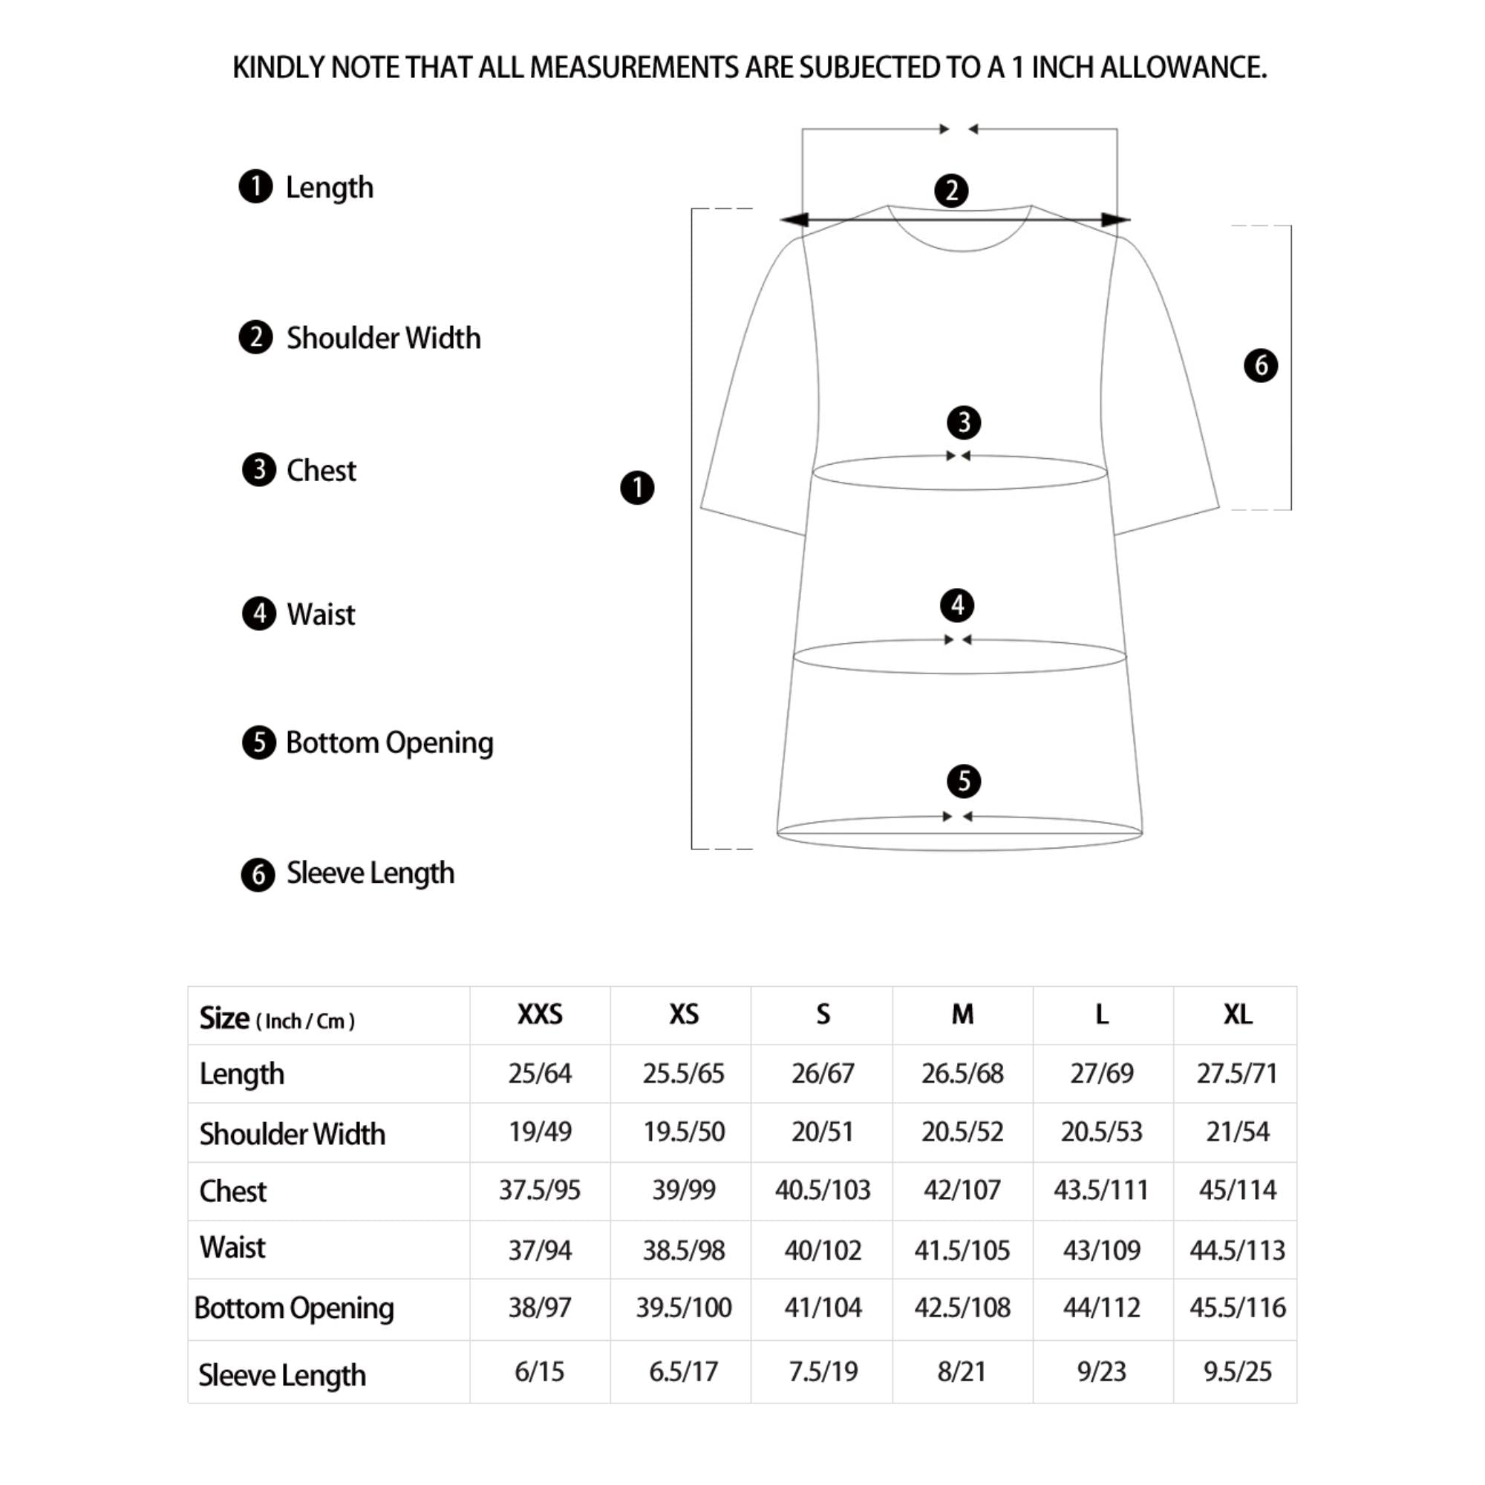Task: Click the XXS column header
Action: [540, 1014]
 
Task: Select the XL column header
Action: [1238, 1014]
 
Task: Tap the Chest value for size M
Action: [962, 1189]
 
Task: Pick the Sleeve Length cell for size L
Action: [1100, 1371]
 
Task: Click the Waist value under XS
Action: [683, 1250]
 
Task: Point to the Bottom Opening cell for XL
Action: [1238, 1308]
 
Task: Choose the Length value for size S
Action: [823, 1073]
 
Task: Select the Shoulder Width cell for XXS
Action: [540, 1132]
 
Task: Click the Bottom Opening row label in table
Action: [293, 1308]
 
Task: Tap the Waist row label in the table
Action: [232, 1247]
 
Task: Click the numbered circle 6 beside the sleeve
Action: [1261, 365]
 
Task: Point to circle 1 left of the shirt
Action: [637, 488]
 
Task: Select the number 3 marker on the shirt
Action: [964, 422]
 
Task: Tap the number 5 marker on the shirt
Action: [964, 781]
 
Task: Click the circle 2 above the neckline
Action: [952, 191]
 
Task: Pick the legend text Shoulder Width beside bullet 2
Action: [384, 338]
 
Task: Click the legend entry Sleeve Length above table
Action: [371, 873]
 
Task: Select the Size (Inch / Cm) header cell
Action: [277, 1019]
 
